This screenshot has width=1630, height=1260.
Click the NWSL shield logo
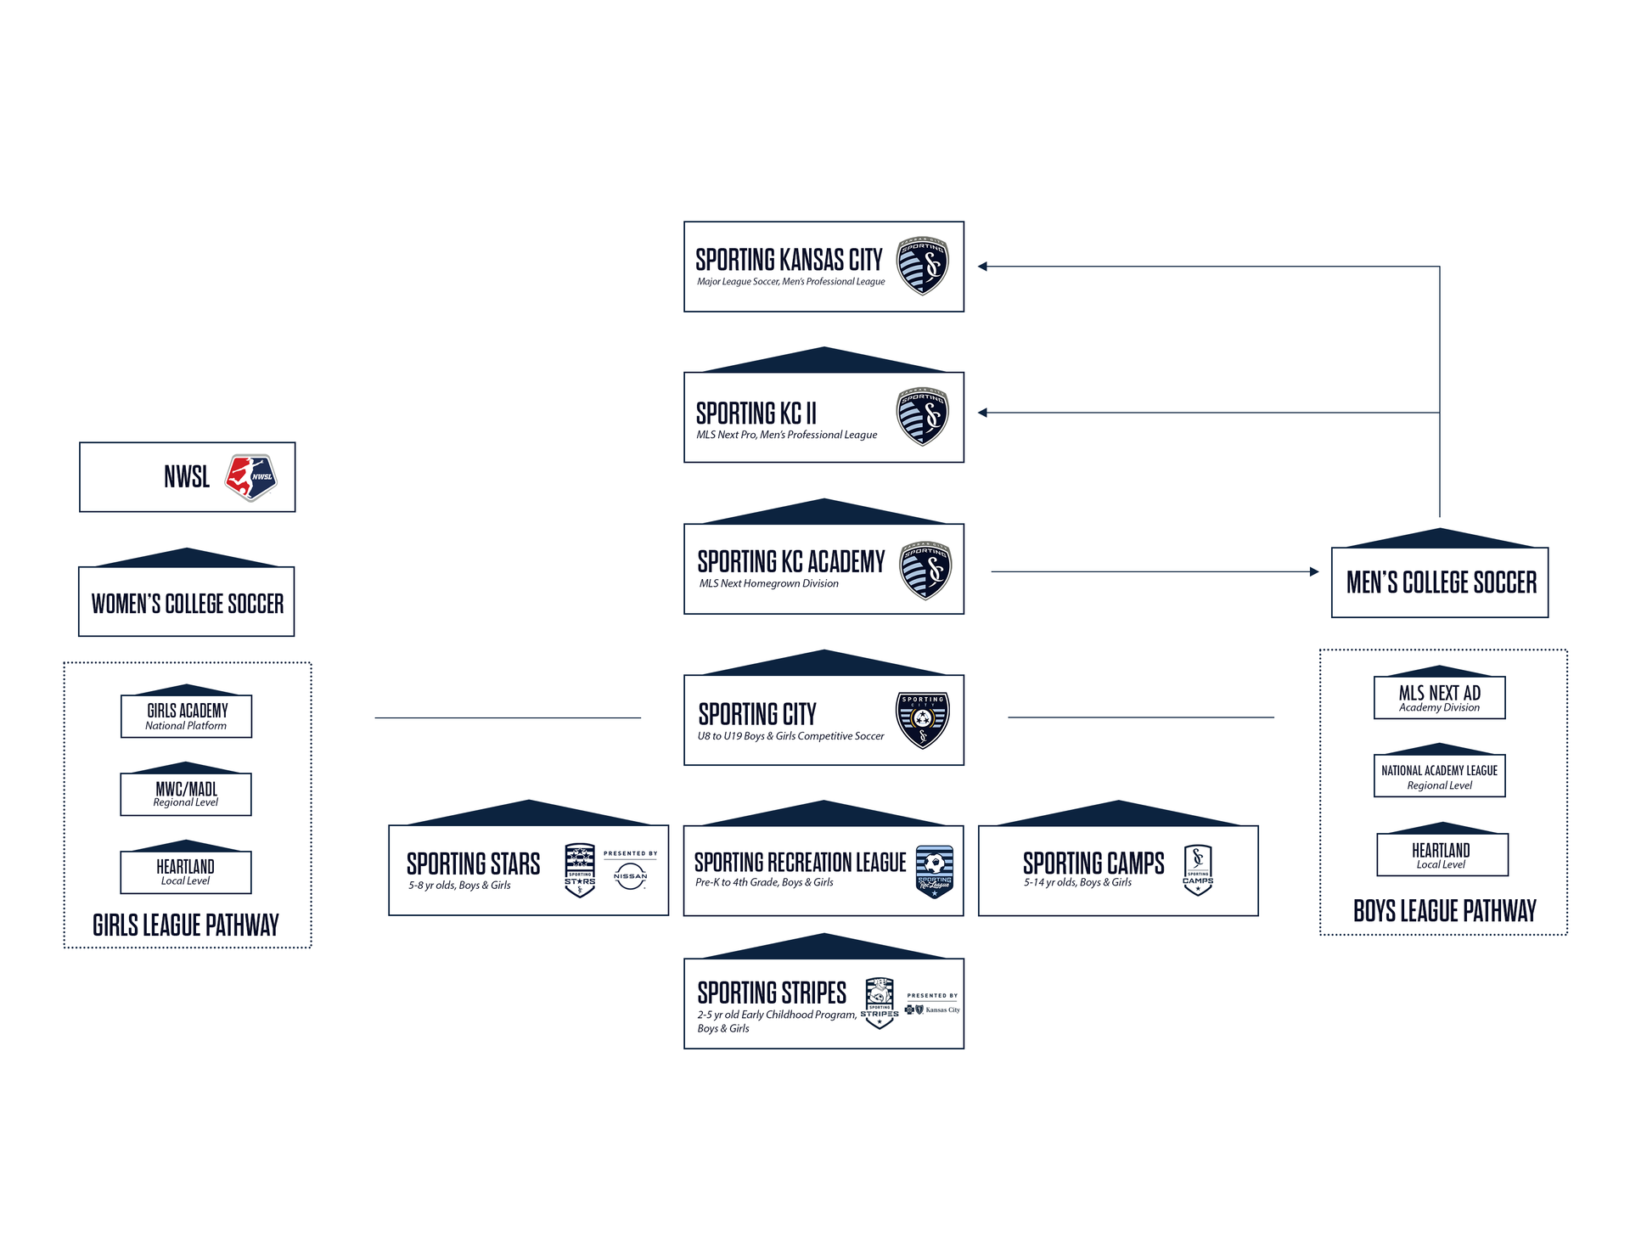tap(250, 477)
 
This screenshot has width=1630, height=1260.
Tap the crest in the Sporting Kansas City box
tap(923, 266)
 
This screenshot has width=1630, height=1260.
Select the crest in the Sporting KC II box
tap(923, 417)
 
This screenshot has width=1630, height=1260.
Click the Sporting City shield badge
tap(923, 719)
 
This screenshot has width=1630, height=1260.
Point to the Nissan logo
tap(630, 877)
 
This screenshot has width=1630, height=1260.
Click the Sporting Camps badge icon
tap(1198, 870)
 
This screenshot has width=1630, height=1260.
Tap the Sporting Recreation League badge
tap(935, 871)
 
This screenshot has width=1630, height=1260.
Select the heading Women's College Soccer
tap(188, 604)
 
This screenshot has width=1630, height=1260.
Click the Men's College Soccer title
tap(1442, 582)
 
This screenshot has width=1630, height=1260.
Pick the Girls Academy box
tap(187, 716)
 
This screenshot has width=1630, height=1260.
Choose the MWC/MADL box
tap(186, 794)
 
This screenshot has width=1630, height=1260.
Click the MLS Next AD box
tap(1440, 698)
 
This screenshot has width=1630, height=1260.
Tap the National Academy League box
tap(1440, 776)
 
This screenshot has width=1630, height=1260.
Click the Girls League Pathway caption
tap(186, 925)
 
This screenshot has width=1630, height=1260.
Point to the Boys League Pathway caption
tap(1444, 911)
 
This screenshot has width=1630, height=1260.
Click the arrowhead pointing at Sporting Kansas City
tap(983, 267)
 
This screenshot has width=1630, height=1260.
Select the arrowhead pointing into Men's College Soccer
tap(1314, 572)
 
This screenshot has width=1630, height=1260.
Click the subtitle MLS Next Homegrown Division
tap(769, 584)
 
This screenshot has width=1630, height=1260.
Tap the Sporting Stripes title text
tap(772, 993)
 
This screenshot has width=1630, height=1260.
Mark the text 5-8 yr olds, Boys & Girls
tap(459, 886)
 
